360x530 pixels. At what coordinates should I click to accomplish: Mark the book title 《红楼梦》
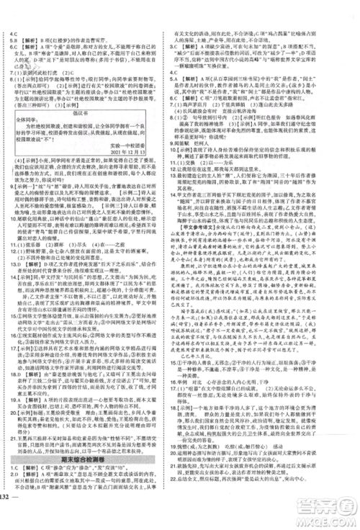pyautogui.click(x=63, y=40)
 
